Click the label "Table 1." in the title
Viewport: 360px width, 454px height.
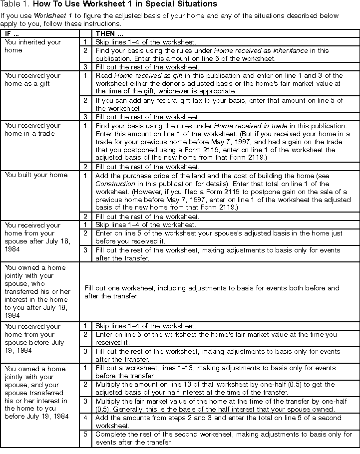coord(15,4)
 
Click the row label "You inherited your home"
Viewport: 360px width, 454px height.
coord(32,46)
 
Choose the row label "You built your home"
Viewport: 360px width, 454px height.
coord(36,175)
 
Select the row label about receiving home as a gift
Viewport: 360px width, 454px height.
coord(32,79)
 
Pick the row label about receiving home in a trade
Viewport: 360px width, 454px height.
coord(32,129)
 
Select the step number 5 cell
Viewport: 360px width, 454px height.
coord(85,434)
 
